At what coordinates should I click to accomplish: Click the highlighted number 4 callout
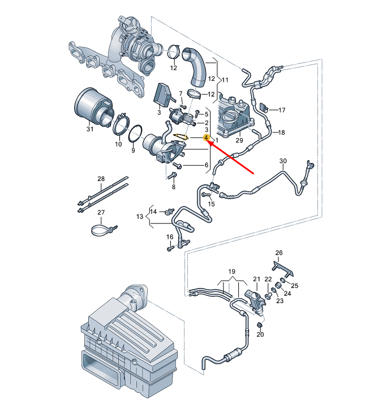(x=207, y=138)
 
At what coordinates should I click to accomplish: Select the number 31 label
(x=89, y=130)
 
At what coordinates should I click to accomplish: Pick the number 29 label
(x=239, y=140)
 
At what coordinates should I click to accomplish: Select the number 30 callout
(x=283, y=161)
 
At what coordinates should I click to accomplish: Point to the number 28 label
(x=101, y=179)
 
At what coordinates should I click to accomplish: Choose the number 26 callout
(x=278, y=252)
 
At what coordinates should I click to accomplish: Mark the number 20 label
(x=260, y=335)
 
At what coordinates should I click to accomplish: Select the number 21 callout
(x=256, y=279)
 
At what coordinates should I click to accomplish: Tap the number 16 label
(x=169, y=236)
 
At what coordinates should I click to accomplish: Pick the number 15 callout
(x=212, y=203)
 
